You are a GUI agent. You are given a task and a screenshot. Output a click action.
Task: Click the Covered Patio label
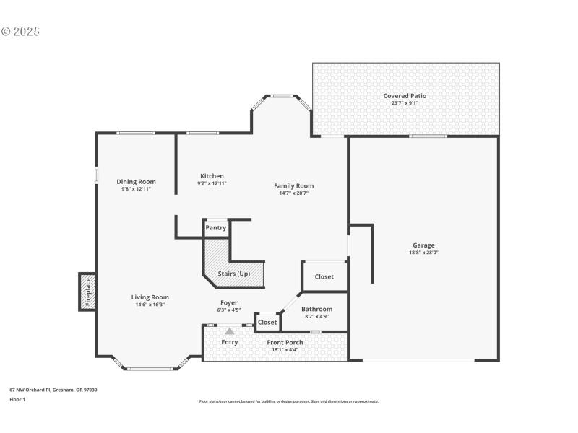pos(405,95)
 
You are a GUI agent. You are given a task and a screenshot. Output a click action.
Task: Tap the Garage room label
pos(423,245)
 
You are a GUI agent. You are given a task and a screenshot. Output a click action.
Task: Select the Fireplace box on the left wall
pos(87,292)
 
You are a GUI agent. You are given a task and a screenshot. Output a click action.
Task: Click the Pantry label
pos(215,228)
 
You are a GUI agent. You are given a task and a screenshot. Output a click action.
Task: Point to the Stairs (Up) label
pos(233,274)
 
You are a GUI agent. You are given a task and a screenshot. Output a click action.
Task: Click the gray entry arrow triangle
pos(230,331)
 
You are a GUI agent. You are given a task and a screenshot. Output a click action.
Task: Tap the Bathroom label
pos(316,309)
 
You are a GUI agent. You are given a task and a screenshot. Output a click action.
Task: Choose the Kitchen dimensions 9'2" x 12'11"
pos(212,183)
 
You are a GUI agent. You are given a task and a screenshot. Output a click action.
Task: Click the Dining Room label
pos(136,182)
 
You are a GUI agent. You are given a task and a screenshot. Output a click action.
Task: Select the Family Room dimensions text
pos(293,193)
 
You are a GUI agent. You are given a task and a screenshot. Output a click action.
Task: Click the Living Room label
pos(150,297)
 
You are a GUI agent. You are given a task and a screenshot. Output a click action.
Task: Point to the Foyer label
pos(228,302)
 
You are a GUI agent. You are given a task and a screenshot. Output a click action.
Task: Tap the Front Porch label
pos(285,342)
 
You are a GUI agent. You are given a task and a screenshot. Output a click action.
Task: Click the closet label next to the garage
pos(324,276)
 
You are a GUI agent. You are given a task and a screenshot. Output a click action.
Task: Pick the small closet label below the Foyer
pos(267,322)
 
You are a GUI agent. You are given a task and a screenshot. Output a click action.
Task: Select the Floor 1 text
pos(17,399)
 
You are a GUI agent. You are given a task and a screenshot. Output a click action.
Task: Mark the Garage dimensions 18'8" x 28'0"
pos(423,253)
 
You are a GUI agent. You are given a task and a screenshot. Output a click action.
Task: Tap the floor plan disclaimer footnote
pos(288,401)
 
